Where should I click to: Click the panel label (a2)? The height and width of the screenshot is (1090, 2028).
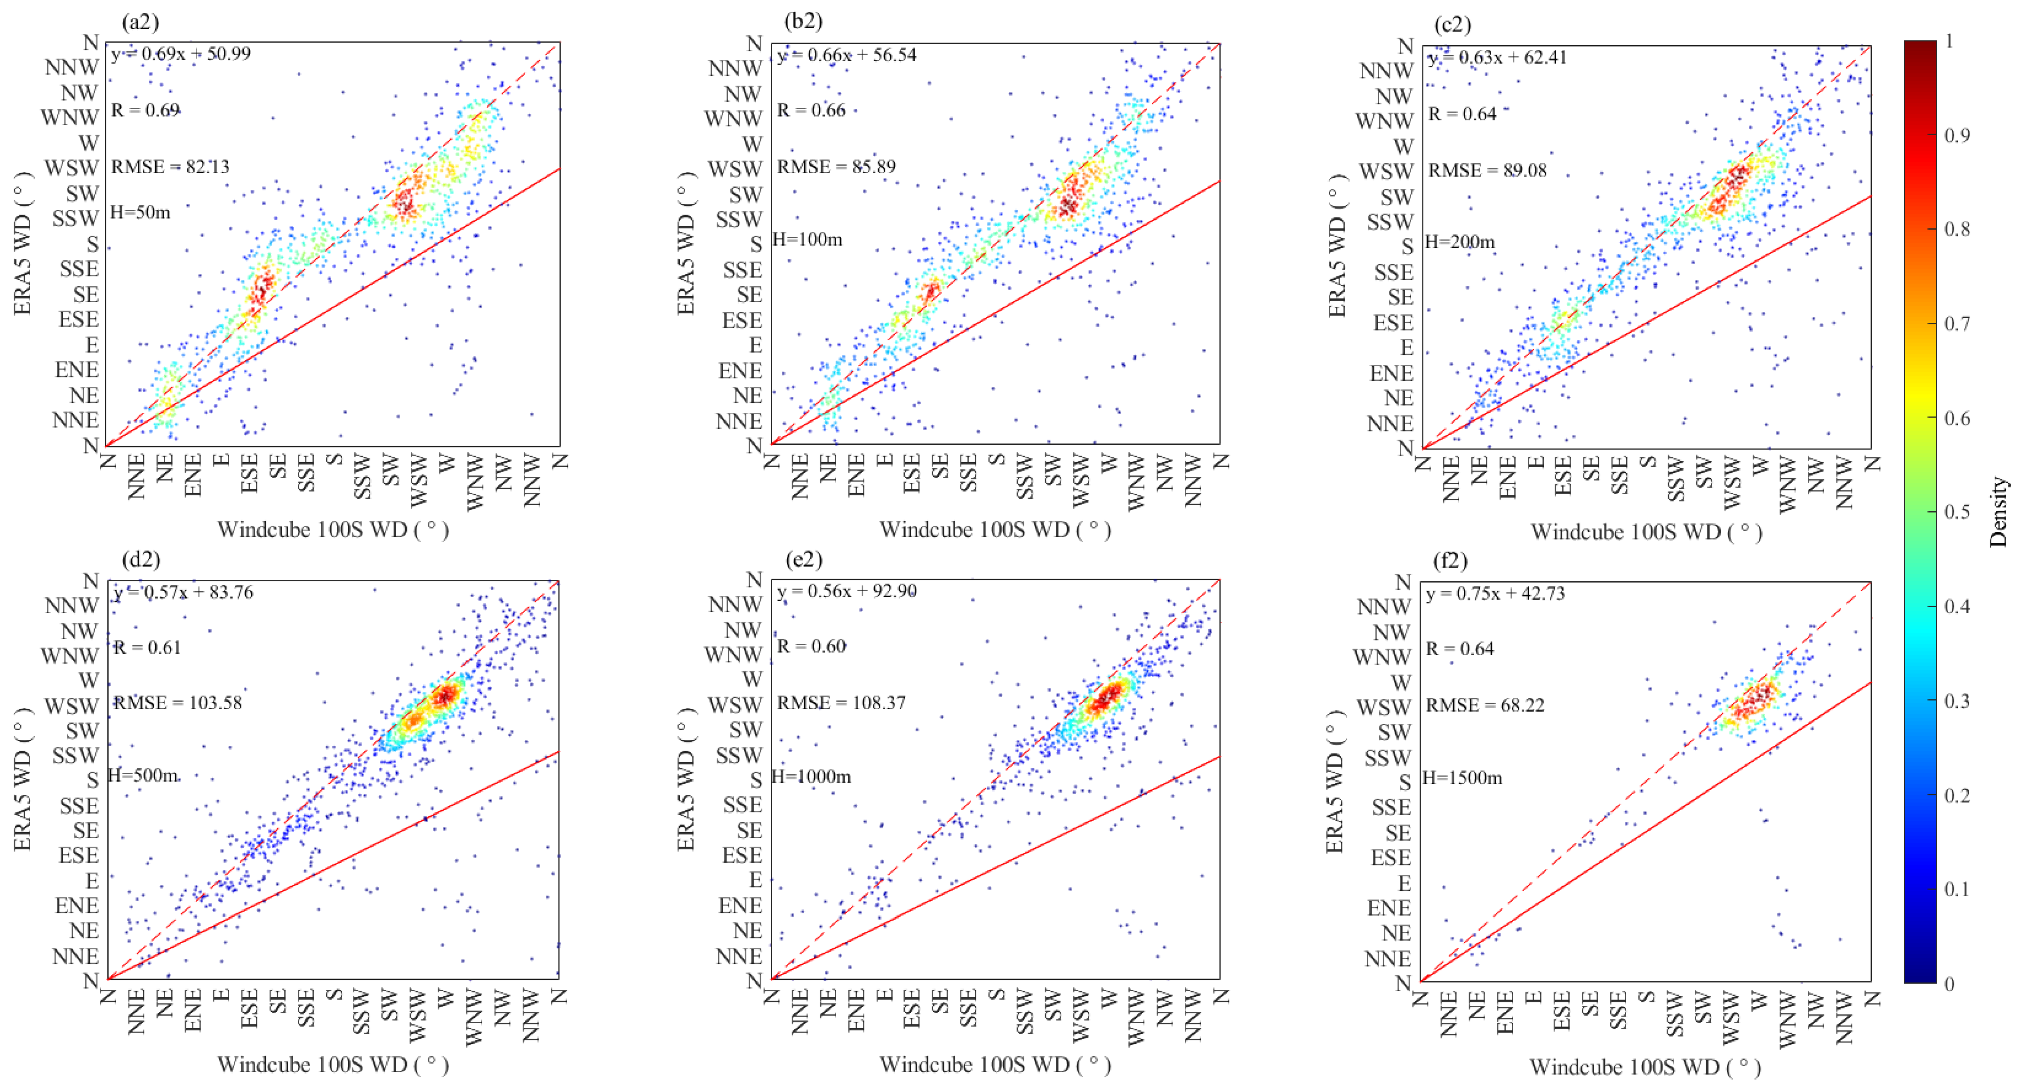(x=140, y=22)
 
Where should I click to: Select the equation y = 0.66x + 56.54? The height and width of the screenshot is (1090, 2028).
(x=846, y=55)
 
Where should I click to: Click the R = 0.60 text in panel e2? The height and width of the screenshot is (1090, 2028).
(x=811, y=647)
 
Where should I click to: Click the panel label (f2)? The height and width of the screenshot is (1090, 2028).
(x=1450, y=561)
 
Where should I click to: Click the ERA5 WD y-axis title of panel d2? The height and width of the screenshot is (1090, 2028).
(x=22, y=780)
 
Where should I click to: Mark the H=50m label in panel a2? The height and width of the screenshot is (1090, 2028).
(x=140, y=212)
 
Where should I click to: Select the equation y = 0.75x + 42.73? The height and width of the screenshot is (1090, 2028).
(x=1495, y=594)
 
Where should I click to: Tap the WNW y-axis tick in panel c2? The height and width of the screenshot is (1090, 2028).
(x=1384, y=121)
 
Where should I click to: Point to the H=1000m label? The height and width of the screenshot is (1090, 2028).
(x=811, y=777)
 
